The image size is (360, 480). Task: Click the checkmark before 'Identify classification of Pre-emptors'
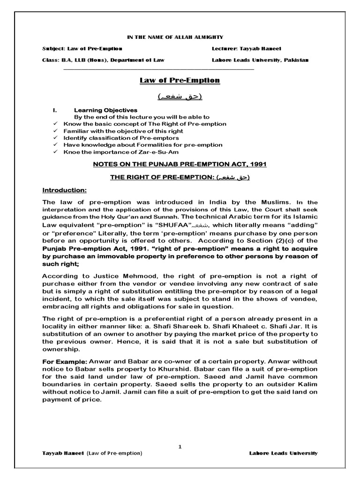pos(56,138)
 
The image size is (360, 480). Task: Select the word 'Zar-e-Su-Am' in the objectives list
pos(161,152)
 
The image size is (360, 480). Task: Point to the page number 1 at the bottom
pos(180,447)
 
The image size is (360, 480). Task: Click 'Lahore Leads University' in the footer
pos(283,453)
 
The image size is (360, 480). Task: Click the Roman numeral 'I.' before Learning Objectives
pos(55,110)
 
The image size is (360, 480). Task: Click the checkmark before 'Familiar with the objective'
pos(56,131)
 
